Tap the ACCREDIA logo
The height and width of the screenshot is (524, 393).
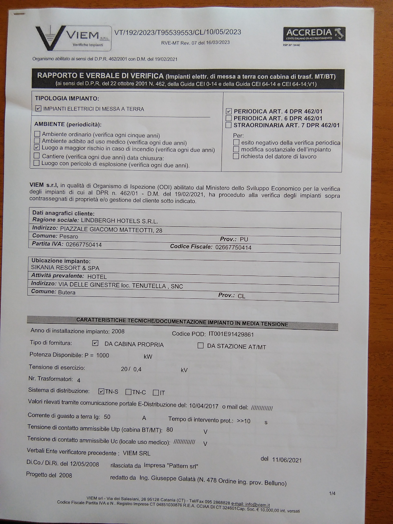coord(314,34)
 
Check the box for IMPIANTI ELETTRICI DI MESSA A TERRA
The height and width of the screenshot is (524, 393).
coord(38,109)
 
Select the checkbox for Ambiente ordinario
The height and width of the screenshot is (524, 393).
coord(37,134)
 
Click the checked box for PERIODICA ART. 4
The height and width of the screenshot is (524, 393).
coord(229,111)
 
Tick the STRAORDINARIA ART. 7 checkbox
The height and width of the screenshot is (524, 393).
coord(229,125)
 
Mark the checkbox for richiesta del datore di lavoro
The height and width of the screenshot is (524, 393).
coord(236,156)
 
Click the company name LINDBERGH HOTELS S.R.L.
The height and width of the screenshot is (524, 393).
coord(119,221)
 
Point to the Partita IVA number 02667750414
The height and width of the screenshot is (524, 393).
coord(84,245)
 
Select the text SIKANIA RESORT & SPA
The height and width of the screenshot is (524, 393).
coord(65,268)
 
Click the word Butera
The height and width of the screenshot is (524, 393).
coord(67,293)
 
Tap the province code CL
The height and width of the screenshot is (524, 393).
coord(242,296)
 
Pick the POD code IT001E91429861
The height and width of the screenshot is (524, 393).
coord(231,334)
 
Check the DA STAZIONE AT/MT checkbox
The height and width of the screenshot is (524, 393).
coord(201,346)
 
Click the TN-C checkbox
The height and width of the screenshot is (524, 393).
coord(129,392)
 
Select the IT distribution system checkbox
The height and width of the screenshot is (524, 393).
coord(156,393)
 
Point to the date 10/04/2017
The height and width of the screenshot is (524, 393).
coord(203,406)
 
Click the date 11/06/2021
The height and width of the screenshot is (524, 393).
coord(287,460)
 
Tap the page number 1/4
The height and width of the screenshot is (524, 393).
coord(332,493)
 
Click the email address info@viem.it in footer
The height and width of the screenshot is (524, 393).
coord(257,505)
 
